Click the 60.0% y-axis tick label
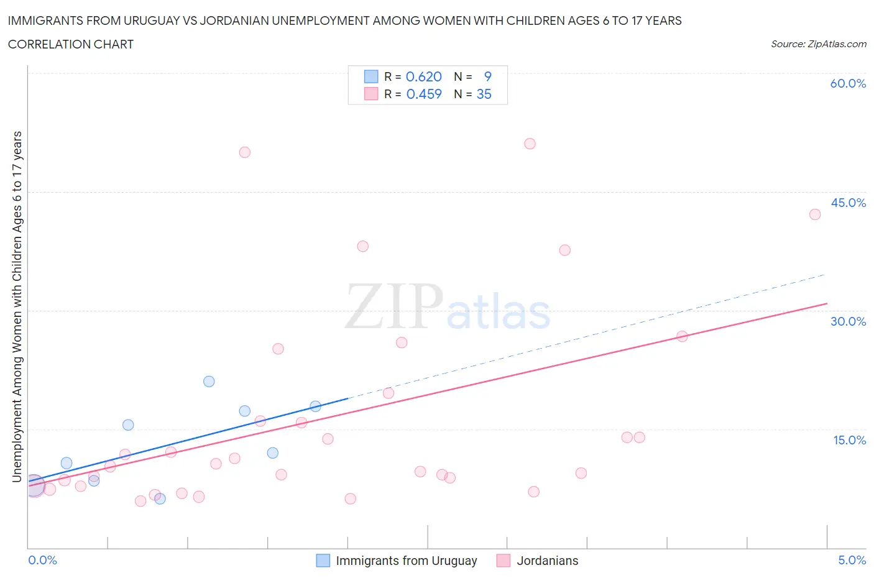coord(848,83)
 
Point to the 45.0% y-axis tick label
coord(848,203)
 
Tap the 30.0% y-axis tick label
coord(848,321)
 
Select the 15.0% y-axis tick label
coord(849,440)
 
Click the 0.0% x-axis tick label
coord(42,560)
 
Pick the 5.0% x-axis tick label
coord(852,560)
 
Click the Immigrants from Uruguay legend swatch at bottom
coord(323,561)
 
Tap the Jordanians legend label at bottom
coord(547,561)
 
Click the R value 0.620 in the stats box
coord(423,76)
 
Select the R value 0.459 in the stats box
coord(423,94)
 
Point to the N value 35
coord(484,94)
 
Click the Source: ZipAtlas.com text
coord(818,44)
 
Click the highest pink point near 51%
coord(530,144)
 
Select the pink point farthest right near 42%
coord(815,214)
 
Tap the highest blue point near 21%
coord(209,382)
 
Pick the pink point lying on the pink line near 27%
coord(682,336)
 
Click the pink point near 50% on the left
coord(245,152)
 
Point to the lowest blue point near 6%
coord(160,498)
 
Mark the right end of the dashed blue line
coord(825,274)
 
